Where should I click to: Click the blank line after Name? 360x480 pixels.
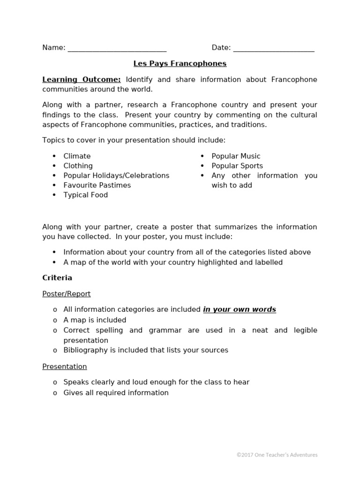point(117,48)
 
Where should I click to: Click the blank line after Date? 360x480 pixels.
point(273,48)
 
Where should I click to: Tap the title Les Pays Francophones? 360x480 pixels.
point(180,63)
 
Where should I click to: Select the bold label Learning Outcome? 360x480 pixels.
point(82,80)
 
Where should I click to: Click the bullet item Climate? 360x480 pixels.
point(77,156)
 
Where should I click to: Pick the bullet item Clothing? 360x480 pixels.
point(78,166)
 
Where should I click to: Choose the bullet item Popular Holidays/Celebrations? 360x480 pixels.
point(116,175)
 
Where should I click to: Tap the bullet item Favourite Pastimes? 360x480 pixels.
point(97,185)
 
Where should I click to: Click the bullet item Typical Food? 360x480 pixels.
point(85,195)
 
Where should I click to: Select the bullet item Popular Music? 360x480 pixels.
point(236,156)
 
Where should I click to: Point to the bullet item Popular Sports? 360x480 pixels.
point(237,166)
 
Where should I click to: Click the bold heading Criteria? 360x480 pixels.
point(57,278)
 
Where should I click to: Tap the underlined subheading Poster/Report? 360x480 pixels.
point(67,294)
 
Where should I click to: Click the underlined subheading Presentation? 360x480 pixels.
point(65,367)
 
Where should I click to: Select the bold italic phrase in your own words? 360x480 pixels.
point(239,309)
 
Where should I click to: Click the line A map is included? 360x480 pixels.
point(95,320)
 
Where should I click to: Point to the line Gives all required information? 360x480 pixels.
point(116,393)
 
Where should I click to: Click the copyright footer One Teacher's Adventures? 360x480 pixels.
point(277,455)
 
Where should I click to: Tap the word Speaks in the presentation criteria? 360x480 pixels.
point(75,382)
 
